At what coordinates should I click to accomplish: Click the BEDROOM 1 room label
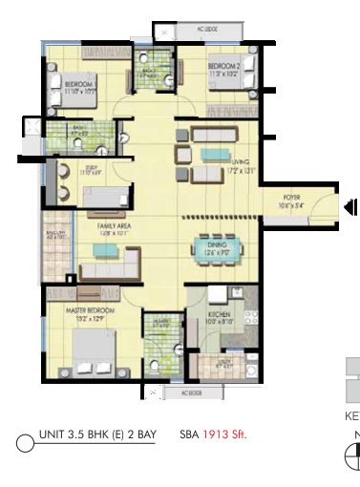coord(76,85)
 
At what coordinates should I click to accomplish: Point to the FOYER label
coord(290,198)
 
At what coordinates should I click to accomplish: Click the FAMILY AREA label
coord(114,225)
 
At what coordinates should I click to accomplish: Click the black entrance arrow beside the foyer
coord(350,205)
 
